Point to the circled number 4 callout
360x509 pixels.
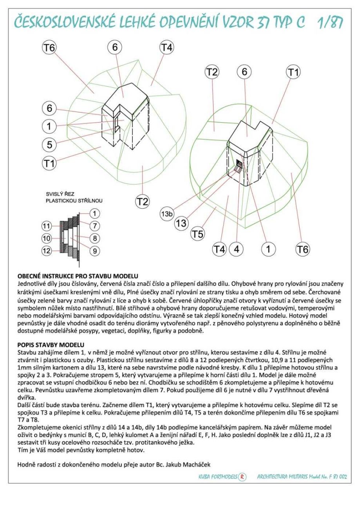[x=237, y=248]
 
